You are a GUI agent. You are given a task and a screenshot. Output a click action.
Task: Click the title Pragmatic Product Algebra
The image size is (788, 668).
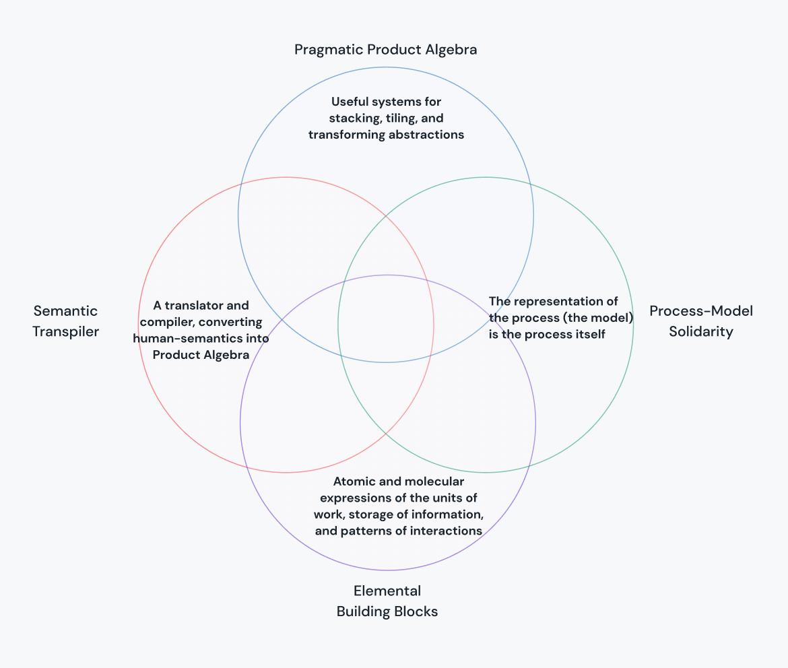[385, 50]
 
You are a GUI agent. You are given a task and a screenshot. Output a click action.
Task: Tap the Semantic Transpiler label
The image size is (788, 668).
[65, 321]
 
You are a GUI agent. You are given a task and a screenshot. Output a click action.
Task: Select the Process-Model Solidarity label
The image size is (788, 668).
[700, 321]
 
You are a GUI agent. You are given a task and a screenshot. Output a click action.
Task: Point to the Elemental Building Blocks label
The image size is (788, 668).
[387, 601]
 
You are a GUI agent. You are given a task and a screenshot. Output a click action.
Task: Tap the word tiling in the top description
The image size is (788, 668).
[401, 118]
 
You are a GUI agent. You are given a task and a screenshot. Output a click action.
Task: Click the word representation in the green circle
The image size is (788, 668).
[550, 301]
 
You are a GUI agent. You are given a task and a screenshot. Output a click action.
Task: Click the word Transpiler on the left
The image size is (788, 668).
[65, 331]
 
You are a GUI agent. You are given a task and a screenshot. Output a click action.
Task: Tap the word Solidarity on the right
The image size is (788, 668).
[700, 331]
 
